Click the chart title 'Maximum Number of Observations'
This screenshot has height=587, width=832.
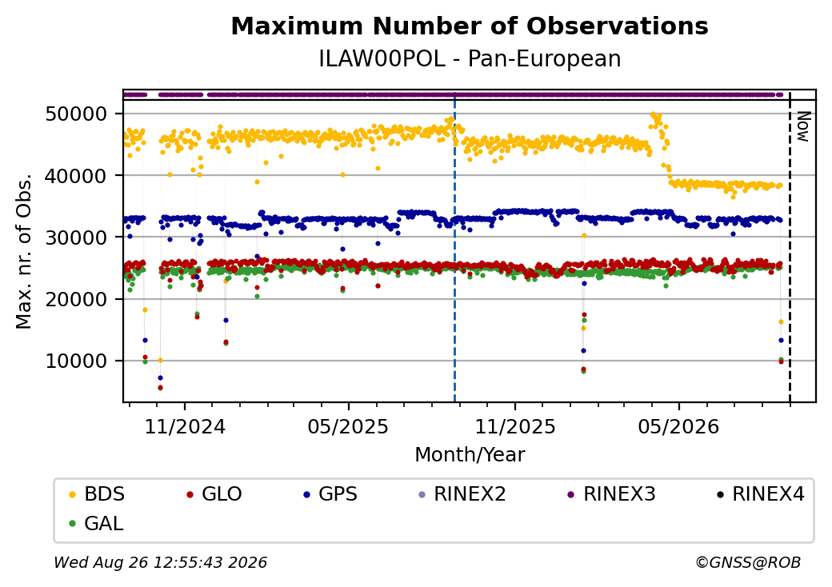click(x=470, y=26)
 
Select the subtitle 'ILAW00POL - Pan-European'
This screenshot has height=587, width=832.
click(x=470, y=59)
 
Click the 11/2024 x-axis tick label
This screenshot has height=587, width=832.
click(x=185, y=426)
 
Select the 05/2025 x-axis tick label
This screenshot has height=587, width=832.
click(x=348, y=426)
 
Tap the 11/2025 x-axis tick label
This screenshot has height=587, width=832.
click(x=514, y=426)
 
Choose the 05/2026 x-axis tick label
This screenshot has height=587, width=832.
click(x=678, y=426)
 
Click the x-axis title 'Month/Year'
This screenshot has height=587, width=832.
click(x=470, y=455)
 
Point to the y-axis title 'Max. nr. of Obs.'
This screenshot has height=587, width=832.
click(x=24, y=251)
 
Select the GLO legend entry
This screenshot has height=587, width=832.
click(x=214, y=494)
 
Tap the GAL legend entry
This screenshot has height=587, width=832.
click(x=96, y=523)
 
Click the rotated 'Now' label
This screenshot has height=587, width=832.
click(x=804, y=126)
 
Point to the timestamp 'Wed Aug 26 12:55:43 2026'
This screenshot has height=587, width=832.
click(x=160, y=562)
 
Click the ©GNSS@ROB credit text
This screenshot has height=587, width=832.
click(x=748, y=562)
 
